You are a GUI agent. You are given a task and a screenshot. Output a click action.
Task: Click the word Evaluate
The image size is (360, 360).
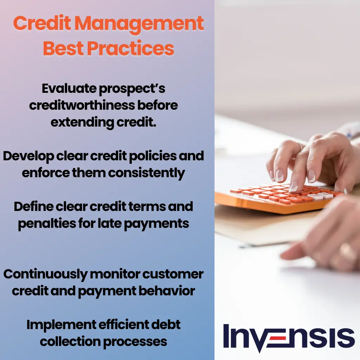(69, 89)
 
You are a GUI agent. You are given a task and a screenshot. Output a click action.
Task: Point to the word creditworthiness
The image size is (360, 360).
(81, 105)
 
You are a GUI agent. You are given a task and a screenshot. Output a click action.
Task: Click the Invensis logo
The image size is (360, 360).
(289, 337)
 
